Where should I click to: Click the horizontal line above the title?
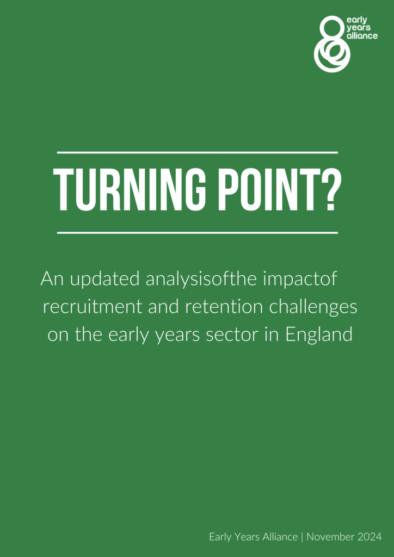tap(197, 152)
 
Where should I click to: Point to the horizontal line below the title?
tap(197, 233)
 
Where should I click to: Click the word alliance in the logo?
tap(362, 36)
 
